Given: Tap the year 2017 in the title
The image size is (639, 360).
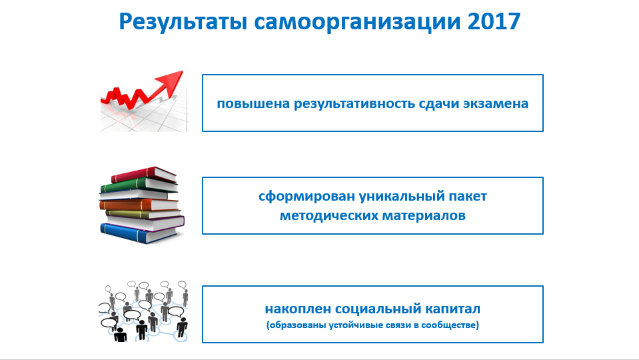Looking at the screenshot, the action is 494,21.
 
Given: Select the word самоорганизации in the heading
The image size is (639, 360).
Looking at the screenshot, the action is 357,23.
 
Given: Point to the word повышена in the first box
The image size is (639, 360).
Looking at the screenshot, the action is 253,103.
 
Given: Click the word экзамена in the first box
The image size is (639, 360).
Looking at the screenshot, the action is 496,103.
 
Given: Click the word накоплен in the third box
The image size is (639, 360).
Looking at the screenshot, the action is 297,309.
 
